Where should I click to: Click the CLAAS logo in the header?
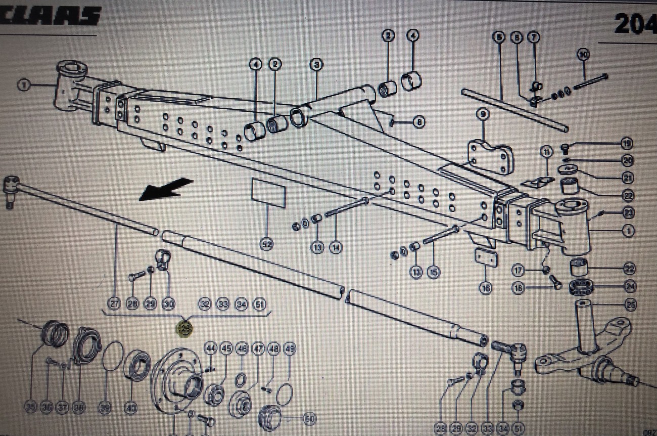(x=51, y=17)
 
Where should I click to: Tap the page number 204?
(x=635, y=24)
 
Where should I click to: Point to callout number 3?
(x=317, y=65)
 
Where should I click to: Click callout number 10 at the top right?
(x=584, y=54)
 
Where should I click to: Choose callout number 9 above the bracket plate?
(x=483, y=114)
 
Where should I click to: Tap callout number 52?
(x=266, y=245)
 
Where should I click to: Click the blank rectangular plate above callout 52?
(x=268, y=193)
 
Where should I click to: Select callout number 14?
(x=335, y=247)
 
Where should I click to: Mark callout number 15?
(x=433, y=272)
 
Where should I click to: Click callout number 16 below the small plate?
(x=486, y=288)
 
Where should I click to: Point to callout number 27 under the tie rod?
(x=115, y=303)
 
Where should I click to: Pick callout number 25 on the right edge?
(x=630, y=304)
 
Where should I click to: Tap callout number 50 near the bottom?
(x=308, y=419)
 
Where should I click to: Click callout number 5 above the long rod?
(x=499, y=37)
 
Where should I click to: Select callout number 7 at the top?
(x=534, y=37)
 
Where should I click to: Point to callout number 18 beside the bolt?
(x=519, y=288)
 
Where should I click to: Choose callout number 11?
(x=546, y=151)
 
